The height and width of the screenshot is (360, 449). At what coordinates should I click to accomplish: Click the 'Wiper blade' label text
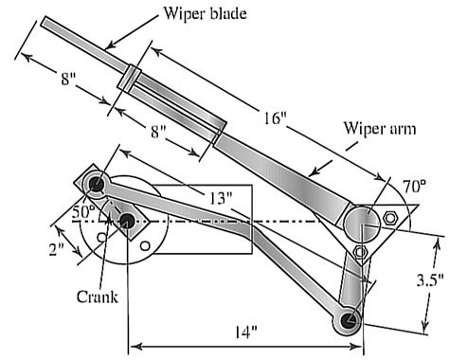tap(205, 14)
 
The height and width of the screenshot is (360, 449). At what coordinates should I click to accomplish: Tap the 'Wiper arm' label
tap(380, 129)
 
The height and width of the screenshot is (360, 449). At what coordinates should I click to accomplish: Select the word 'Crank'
tap(98, 297)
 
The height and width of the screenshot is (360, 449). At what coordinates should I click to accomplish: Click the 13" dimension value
tap(221, 198)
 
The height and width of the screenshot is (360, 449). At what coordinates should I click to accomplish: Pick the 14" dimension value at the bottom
tap(245, 332)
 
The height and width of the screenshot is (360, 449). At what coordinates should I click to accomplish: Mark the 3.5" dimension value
tap(430, 279)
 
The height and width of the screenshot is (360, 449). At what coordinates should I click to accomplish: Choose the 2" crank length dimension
tap(57, 249)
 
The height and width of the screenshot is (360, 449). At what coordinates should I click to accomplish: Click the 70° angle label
tap(415, 187)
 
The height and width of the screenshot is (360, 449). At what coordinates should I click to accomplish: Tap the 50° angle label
tap(83, 211)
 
